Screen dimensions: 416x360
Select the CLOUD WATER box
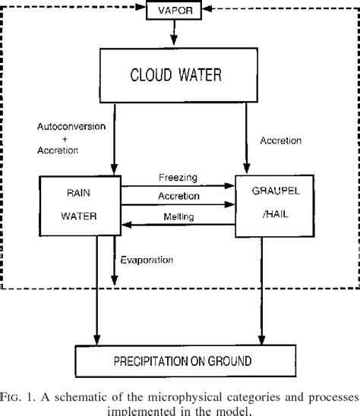tap(173, 75)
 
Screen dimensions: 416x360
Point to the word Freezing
tap(178, 178)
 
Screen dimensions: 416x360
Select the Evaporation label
tap(147, 260)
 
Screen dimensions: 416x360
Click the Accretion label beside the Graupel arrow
tap(282, 140)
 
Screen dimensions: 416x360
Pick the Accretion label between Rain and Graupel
tap(179, 196)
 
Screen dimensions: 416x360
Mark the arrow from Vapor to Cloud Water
tap(174, 34)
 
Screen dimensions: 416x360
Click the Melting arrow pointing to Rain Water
tap(178, 225)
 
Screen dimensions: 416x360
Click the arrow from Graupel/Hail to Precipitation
tap(261, 288)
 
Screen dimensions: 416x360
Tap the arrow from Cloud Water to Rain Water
tap(114, 137)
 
